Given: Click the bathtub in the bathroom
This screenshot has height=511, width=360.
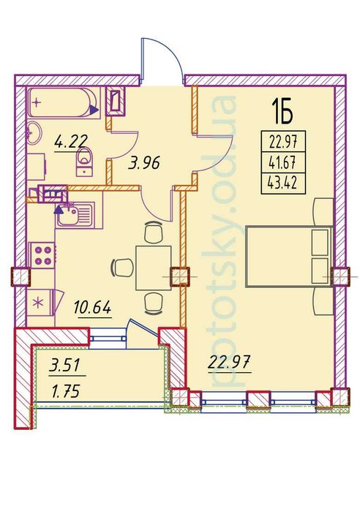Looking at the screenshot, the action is click(x=63, y=102).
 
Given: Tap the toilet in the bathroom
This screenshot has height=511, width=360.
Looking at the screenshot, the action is click(x=85, y=162).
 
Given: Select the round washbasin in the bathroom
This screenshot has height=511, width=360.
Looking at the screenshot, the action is click(x=33, y=133).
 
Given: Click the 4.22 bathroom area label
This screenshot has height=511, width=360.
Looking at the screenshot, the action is click(x=71, y=143).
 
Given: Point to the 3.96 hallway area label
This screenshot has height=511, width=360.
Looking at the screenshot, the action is click(x=144, y=163).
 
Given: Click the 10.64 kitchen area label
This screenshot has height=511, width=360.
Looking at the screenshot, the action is click(x=93, y=307).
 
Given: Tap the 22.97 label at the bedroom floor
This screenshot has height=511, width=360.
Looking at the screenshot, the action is click(x=229, y=363).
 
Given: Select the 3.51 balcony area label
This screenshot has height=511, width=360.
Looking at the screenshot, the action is click(x=64, y=366).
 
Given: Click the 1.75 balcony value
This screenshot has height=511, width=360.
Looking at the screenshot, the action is click(x=65, y=392).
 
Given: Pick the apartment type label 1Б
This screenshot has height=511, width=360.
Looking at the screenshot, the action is click(x=282, y=112).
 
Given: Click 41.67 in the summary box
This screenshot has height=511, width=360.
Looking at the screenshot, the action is click(x=282, y=162).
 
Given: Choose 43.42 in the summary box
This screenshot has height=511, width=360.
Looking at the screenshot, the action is click(x=282, y=183).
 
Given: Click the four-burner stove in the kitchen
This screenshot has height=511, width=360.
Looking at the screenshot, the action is click(x=42, y=256).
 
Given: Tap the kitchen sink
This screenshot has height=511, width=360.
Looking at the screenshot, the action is click(x=75, y=213).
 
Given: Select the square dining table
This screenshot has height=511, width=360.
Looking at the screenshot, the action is click(x=153, y=268).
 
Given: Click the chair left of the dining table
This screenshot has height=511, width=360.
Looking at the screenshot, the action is click(x=122, y=268).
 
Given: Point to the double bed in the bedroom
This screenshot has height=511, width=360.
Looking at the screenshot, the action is click(x=288, y=256).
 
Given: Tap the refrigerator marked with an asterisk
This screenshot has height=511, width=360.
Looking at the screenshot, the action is click(x=42, y=303).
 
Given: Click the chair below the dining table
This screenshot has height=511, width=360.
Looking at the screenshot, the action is click(x=153, y=303).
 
